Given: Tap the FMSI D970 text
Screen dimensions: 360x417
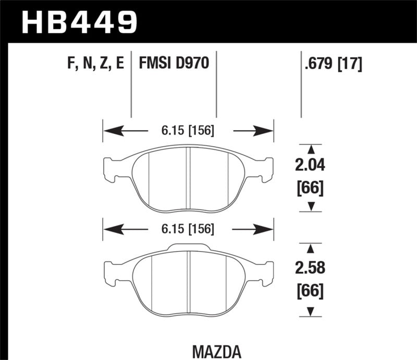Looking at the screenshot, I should coord(174,64).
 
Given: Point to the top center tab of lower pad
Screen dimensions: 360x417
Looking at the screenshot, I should coord(189,247).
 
